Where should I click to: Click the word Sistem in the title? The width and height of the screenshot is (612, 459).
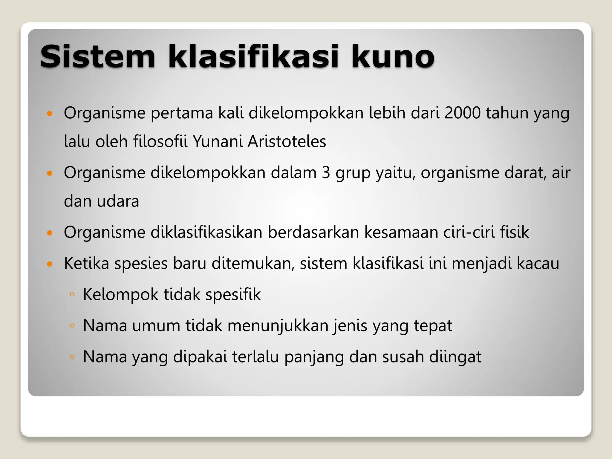coord(98,57)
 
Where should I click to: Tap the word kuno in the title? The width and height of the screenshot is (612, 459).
coord(392,57)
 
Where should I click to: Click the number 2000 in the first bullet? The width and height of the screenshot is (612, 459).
coord(462,113)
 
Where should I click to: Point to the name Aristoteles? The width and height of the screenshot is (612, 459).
coord(287,141)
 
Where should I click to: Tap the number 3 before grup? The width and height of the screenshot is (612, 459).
coord(326,173)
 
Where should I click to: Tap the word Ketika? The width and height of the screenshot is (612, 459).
coord(86,264)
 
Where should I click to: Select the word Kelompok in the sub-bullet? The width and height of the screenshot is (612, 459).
coord(121,295)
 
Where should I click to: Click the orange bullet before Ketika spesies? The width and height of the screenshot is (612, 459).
coord(50,264)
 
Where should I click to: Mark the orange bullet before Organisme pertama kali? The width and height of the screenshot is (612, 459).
coord(50,113)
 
